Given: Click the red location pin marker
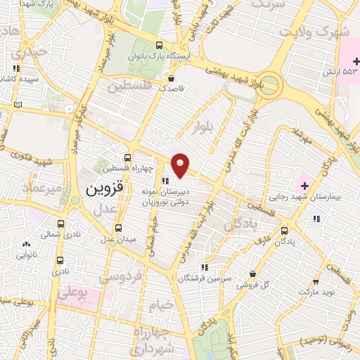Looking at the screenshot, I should pos(181,165).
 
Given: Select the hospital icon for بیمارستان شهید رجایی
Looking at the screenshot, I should pos(304,186).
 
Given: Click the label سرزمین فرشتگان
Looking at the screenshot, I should pos(205,278).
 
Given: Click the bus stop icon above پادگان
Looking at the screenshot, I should pos(285,229).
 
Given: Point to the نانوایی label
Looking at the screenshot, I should pos(27,256).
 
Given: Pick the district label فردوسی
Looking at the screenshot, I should pos(121,277).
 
